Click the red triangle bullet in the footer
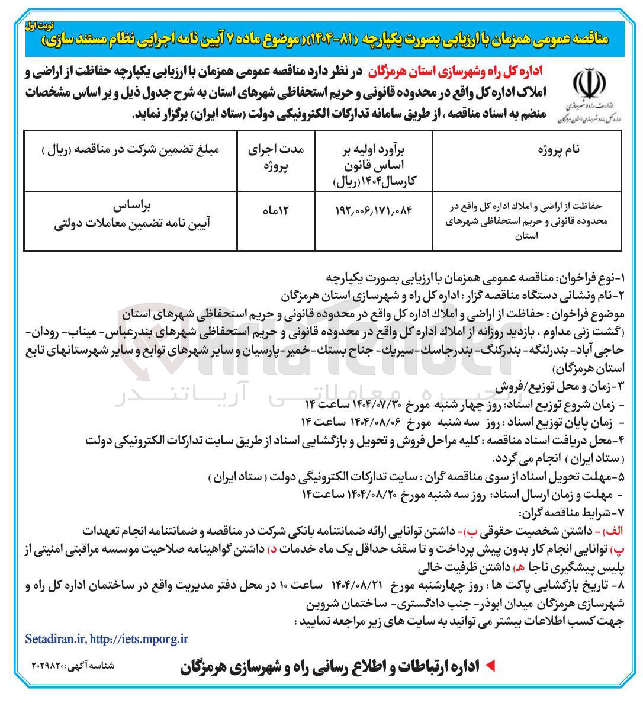click(490, 666)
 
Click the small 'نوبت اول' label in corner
click(37, 27)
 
